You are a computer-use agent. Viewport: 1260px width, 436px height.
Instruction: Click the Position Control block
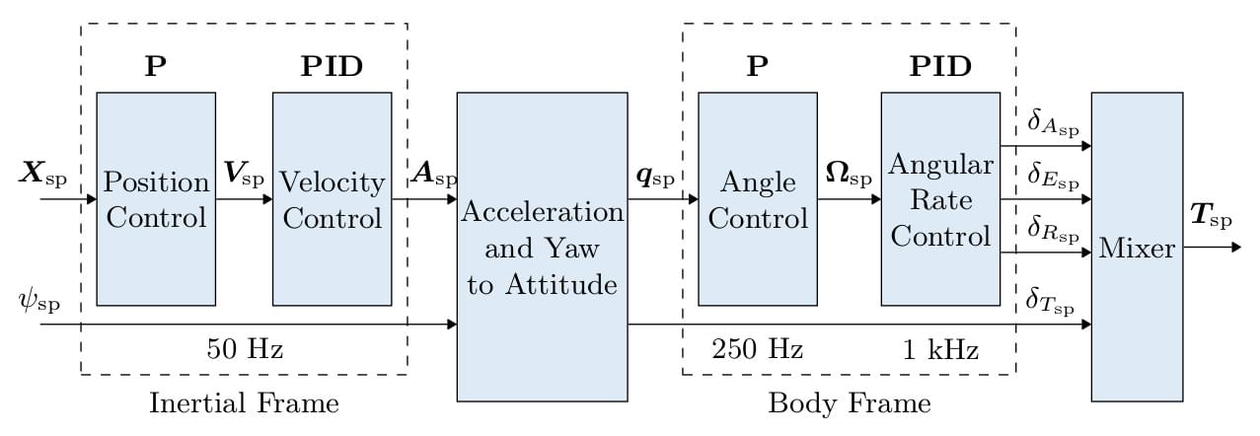[x=156, y=198]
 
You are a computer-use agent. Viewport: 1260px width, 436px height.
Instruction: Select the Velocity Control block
[x=332, y=198]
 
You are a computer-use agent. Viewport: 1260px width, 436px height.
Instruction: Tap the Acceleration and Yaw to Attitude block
[x=542, y=247]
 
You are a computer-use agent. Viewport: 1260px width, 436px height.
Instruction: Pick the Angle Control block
[x=757, y=198]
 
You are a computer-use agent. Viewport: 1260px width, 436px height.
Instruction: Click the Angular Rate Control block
[x=938, y=198]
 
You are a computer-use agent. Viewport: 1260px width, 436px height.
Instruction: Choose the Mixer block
[x=1137, y=247]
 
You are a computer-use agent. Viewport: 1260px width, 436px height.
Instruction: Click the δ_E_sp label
[x=1053, y=178]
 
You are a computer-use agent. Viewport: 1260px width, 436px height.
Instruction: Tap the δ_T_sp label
[x=1053, y=301]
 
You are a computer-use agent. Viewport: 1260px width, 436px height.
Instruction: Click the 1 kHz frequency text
[x=937, y=348]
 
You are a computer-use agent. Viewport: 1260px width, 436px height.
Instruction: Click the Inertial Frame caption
[x=244, y=403]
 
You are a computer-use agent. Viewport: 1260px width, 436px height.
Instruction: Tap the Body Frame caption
[x=849, y=403]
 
